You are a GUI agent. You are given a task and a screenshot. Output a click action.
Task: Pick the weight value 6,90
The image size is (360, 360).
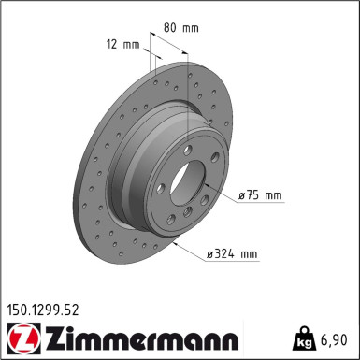(x=334, y=339)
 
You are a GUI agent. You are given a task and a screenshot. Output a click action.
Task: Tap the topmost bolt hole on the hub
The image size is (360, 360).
(x=190, y=151)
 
